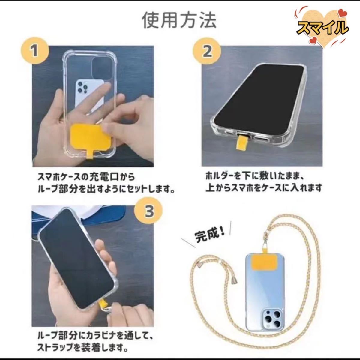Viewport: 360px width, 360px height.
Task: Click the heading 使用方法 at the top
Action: coord(179,19)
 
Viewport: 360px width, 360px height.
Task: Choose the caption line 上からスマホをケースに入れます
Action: coord(263,188)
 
